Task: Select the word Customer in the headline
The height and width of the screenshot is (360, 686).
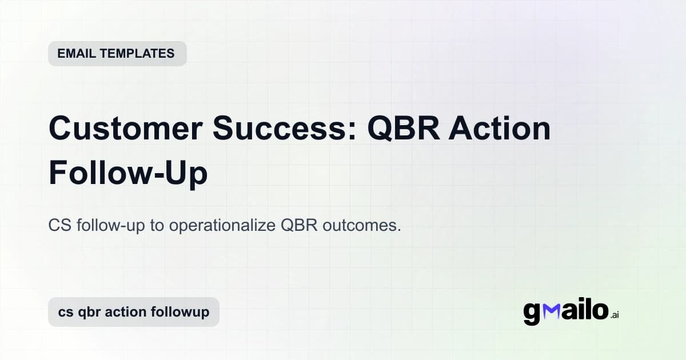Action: pos(128,129)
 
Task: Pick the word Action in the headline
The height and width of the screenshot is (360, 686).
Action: pos(500,129)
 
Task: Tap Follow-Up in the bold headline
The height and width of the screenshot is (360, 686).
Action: pos(128,173)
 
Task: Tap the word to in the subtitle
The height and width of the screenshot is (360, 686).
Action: pos(156,225)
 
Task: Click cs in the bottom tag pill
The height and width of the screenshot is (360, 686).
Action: pos(65,312)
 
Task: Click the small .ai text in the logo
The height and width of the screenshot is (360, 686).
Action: pos(615,314)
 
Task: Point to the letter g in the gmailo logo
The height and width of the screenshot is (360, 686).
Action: pos(532,313)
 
